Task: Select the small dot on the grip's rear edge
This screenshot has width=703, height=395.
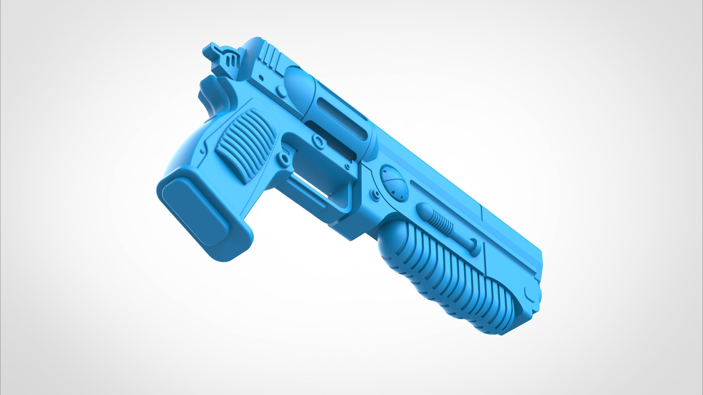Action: [202, 151]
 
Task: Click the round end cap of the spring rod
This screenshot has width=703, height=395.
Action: [474, 243]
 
